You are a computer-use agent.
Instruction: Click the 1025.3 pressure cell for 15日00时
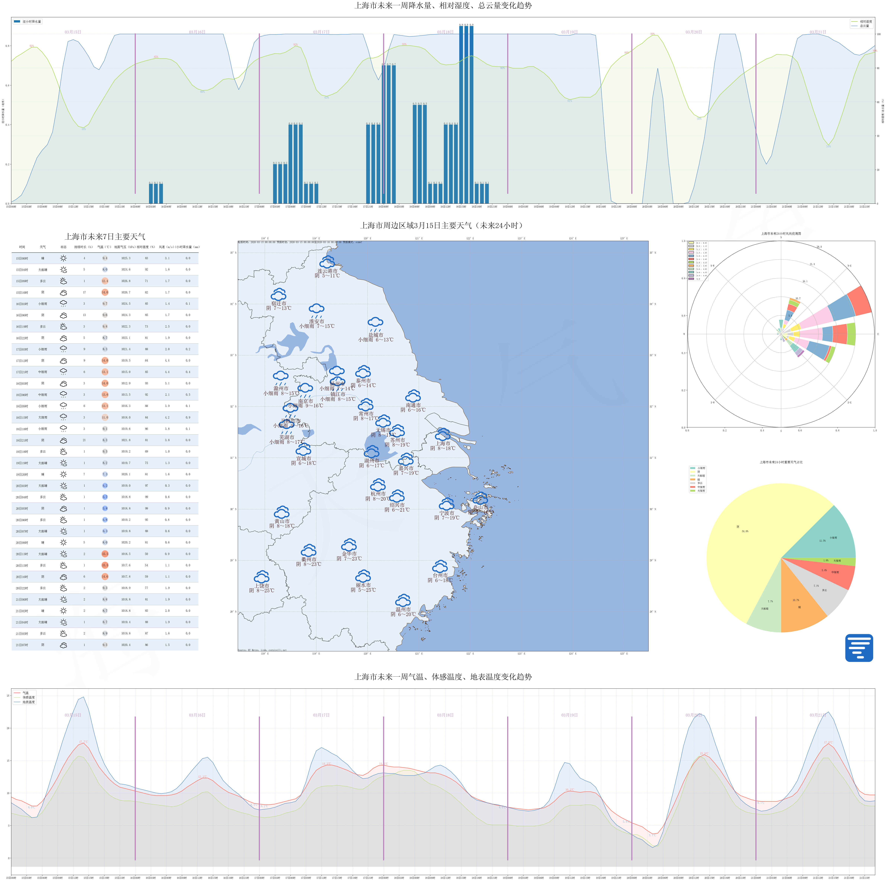coord(126,258)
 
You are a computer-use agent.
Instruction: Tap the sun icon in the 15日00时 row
coord(63,258)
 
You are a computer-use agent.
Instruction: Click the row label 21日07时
coord(22,645)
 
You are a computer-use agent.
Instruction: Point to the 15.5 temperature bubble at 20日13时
coord(105,554)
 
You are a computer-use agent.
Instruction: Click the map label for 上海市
coord(443,443)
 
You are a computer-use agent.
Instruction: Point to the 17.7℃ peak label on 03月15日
coord(83,742)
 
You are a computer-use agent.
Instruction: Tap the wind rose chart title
coord(781,233)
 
